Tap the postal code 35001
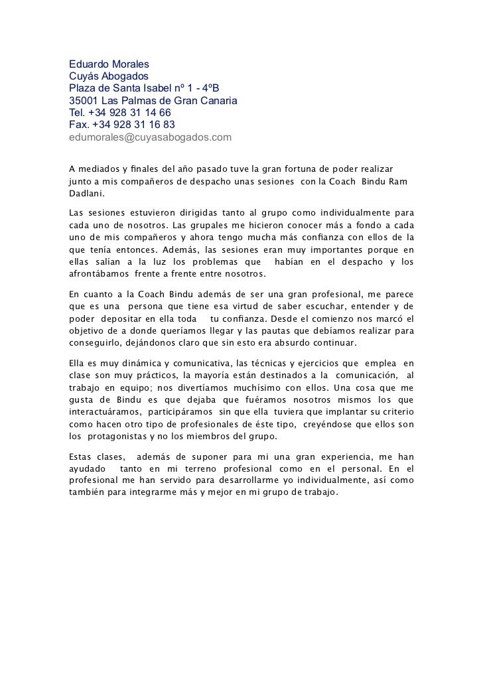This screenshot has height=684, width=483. click(84, 101)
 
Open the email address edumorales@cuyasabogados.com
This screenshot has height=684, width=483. click(151, 137)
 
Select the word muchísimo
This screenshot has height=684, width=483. click(259, 388)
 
